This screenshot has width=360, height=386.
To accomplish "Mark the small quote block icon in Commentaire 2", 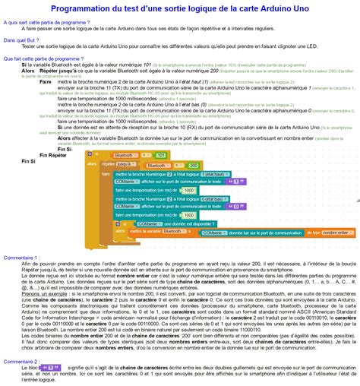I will [51, 369].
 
